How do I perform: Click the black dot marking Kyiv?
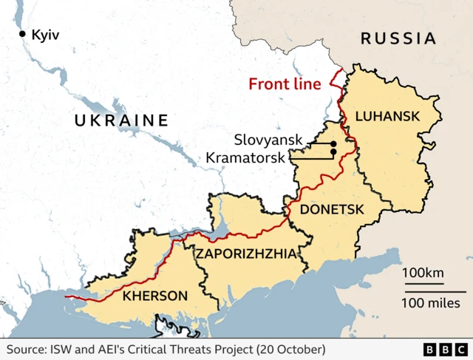pyautogui.click(x=22, y=34)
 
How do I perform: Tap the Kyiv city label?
pyautogui.click(x=45, y=34)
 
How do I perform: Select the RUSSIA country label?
pyautogui.click(x=398, y=38)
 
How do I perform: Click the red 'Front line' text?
pyautogui.click(x=285, y=84)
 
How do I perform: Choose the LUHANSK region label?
pyautogui.click(x=387, y=116)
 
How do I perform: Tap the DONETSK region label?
pyautogui.click(x=332, y=210)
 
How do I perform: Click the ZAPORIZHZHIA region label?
pyautogui.click(x=246, y=254)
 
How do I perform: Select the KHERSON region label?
pyautogui.click(x=154, y=296)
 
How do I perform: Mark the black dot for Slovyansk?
pyautogui.click(x=333, y=143)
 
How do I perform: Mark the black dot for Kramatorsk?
pyautogui.click(x=333, y=152)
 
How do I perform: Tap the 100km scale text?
pyautogui.click(x=423, y=274)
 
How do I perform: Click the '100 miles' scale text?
pyautogui.click(x=431, y=302)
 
